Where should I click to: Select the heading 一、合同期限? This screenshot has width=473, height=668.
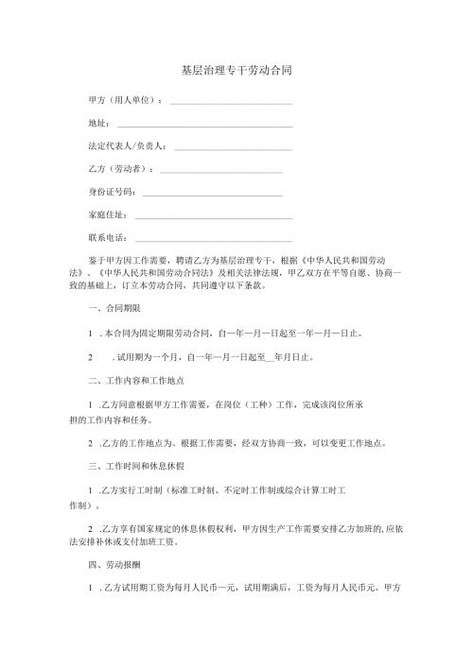click(x=114, y=309)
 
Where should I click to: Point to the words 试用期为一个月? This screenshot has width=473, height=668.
click(x=146, y=356)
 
